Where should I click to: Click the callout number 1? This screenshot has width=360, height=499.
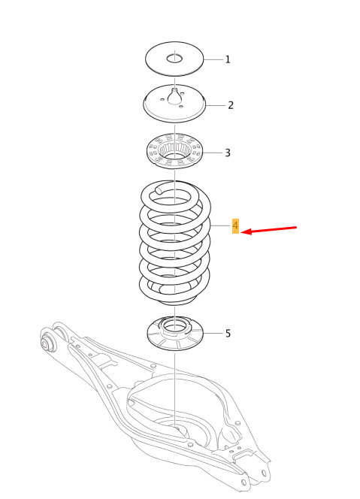[x=228, y=59]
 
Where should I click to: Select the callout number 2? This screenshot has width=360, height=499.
[x=231, y=105]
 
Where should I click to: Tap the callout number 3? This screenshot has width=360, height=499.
[x=228, y=153]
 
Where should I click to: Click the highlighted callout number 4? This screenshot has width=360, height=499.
[x=235, y=226]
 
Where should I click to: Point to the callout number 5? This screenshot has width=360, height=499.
[x=228, y=333]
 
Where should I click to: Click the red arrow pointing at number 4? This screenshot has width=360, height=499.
[x=268, y=230]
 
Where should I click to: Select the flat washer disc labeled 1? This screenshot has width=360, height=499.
[x=174, y=59]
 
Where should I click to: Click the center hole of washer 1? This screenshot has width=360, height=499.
[x=174, y=59]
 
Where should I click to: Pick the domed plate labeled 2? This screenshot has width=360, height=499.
[x=174, y=103]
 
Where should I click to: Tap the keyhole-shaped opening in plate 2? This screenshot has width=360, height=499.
[x=174, y=96]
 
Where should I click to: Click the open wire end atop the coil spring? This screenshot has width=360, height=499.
[x=159, y=190]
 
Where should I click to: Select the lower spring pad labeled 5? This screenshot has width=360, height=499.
[x=174, y=334]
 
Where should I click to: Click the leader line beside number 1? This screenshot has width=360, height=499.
[x=213, y=59]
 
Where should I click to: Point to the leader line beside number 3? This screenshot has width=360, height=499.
[x=213, y=153]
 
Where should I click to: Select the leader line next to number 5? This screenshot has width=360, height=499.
[x=213, y=333]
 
